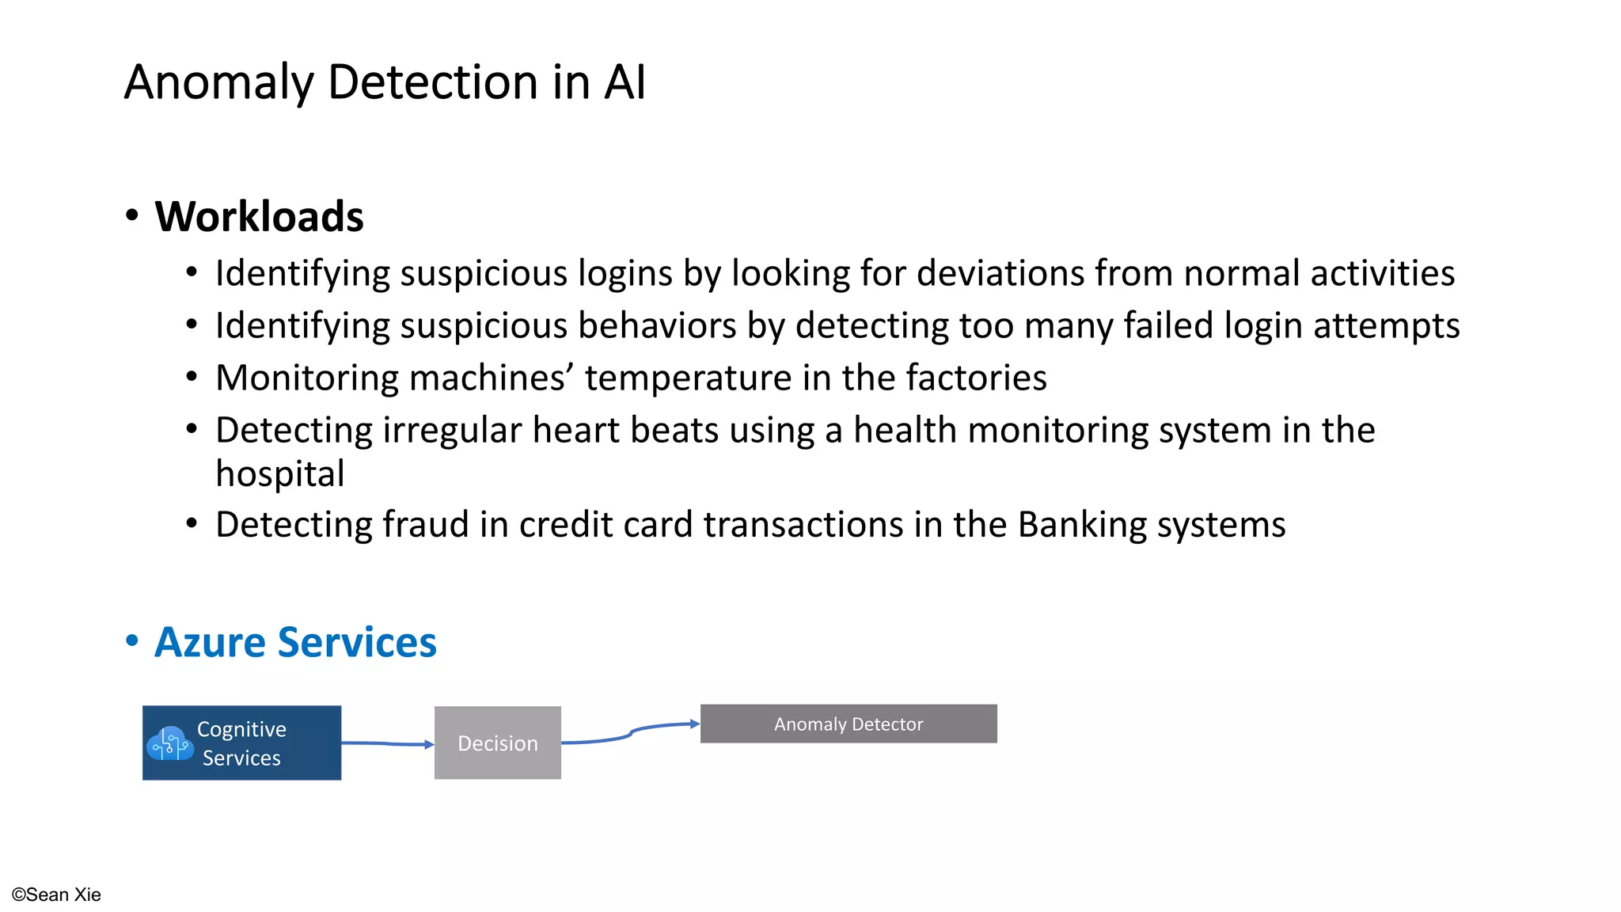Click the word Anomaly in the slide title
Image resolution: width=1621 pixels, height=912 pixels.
218,82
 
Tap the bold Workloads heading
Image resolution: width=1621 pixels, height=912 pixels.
259,217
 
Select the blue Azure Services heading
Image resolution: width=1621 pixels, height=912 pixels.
295,642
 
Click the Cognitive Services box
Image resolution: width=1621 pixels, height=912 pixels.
241,743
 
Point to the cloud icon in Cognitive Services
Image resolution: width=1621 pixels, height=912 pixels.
169,744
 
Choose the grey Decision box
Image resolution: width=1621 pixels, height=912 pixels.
497,743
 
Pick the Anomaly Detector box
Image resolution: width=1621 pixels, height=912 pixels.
848,724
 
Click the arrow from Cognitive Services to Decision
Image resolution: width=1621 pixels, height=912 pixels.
387,743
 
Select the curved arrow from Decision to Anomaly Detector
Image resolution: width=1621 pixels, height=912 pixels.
631,732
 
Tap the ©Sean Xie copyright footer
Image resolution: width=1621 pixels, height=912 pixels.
56,895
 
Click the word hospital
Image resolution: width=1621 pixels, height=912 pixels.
280,474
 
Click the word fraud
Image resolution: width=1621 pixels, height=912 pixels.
426,525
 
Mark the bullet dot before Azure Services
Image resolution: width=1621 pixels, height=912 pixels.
132,640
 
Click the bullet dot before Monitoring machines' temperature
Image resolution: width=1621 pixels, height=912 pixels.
192,378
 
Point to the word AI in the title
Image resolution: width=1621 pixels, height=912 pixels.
624,82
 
